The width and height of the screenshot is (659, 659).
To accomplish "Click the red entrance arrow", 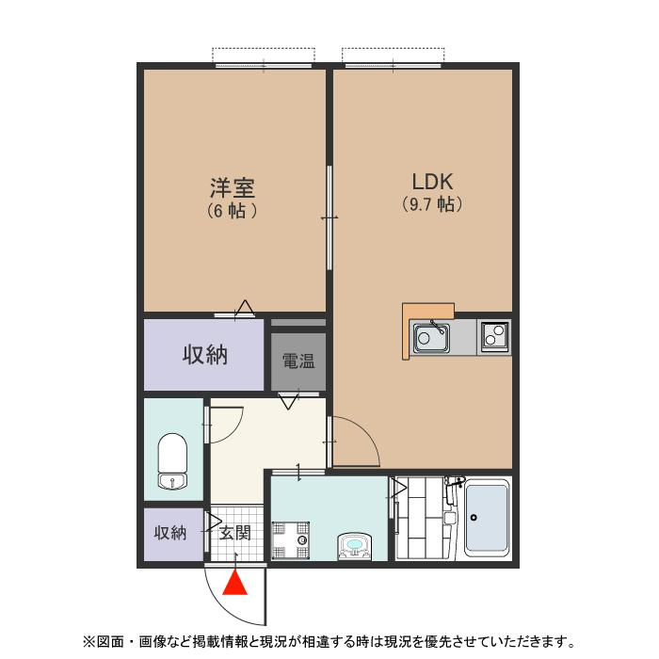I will (236, 585).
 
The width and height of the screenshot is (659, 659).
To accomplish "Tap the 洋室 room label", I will (233, 187).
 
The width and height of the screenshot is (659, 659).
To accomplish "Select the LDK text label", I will (432, 181).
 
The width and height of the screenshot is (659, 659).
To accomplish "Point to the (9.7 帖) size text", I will (432, 204).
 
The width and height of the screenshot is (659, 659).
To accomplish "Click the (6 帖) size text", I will (233, 211).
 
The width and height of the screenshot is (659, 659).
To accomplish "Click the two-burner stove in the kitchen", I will (494, 335).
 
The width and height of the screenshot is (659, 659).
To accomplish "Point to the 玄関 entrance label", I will (235, 533).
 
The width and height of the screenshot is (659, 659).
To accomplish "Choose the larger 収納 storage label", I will (204, 355).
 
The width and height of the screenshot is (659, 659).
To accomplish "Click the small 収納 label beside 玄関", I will (169, 533).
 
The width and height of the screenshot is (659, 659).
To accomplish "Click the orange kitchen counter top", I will (428, 312).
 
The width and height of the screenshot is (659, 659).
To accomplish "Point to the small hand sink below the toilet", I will (171, 483).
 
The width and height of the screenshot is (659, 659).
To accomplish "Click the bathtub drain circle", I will (474, 517).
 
